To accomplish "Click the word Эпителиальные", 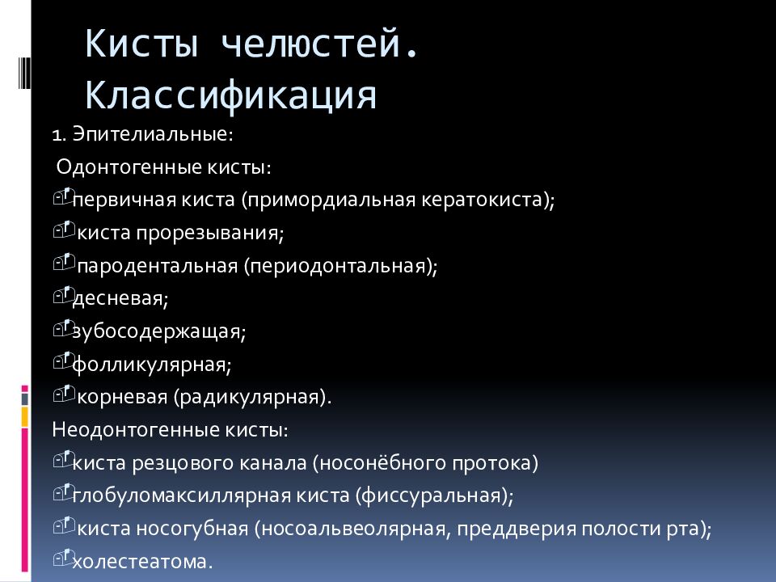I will (154, 133).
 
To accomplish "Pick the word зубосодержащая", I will (158, 332).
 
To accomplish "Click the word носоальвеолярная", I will (352, 529).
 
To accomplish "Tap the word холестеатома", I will (142, 563).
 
